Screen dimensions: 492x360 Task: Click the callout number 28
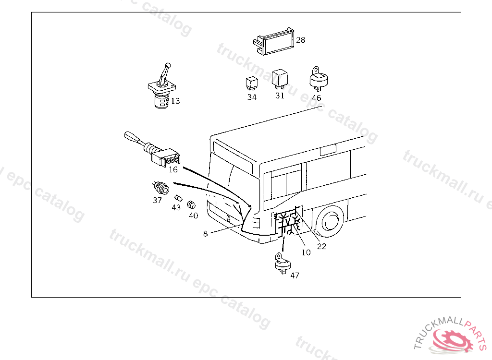pos(300,40)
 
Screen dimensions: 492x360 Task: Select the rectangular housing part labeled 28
pos(273,42)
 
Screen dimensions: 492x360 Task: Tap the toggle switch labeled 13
pos(162,86)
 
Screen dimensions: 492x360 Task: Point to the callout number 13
pos(175,101)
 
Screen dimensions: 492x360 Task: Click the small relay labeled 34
pos(252,83)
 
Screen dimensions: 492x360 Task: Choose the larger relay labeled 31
pos(280,78)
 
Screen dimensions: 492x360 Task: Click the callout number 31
pos(280,96)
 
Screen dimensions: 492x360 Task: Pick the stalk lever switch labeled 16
pos(152,150)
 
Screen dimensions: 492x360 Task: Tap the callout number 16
pos(173,169)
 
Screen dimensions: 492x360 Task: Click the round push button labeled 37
pos(161,188)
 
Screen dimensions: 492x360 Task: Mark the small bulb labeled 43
pos(178,198)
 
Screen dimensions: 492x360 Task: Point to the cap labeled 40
pos(191,205)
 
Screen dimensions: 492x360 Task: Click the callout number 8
pos(205,234)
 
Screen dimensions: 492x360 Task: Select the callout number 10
pos(306,252)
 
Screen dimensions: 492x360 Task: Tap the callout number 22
pos(321,247)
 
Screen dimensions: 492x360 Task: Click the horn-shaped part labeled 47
pos(283,264)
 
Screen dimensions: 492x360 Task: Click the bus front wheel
pos(330,221)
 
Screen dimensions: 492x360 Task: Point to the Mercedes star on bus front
pos(229,219)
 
